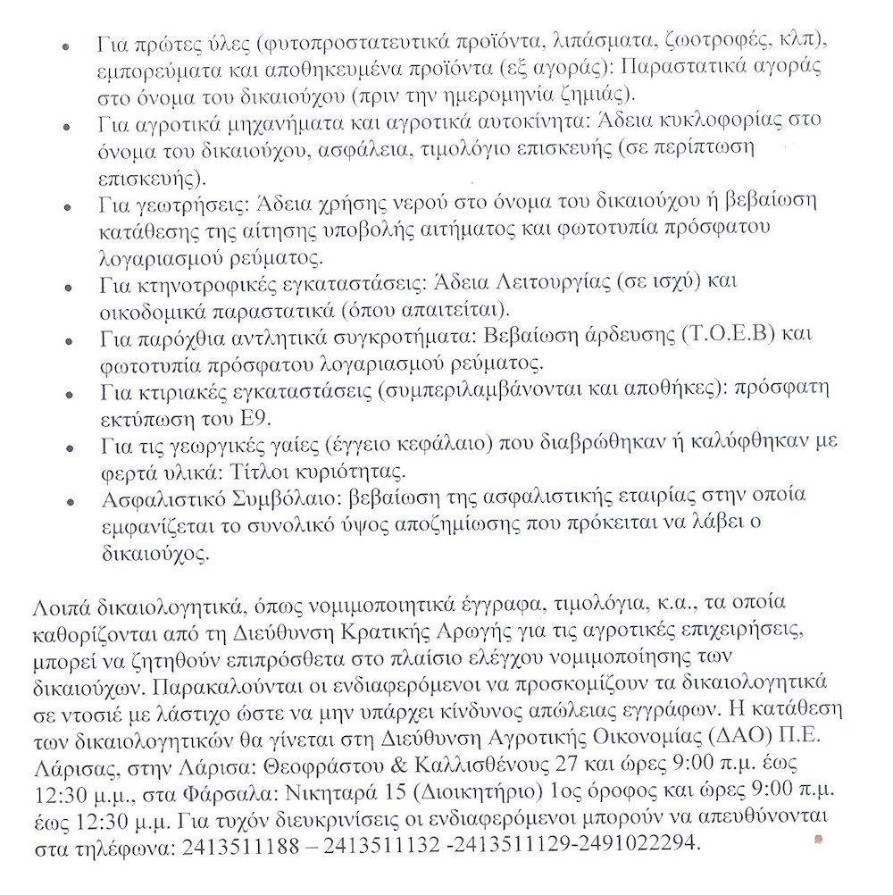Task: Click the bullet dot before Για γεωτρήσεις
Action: point(69,204)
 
